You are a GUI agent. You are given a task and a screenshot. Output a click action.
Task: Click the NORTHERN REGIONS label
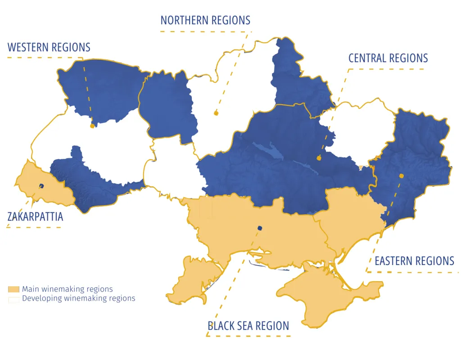pyautogui.click(x=205, y=20)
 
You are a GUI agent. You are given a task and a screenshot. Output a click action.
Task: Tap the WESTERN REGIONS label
pyautogui.click(x=49, y=47)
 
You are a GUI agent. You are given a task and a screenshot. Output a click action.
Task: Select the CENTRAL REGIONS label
pyautogui.click(x=388, y=58)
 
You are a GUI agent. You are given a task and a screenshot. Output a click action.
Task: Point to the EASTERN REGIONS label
pyautogui.click(x=414, y=261)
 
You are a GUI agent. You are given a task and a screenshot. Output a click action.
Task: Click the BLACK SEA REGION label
pyautogui.click(x=248, y=326)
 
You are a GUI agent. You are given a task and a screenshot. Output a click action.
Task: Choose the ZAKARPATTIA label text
pyautogui.click(x=35, y=217)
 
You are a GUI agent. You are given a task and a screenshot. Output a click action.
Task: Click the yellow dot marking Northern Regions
pyautogui.click(x=216, y=113)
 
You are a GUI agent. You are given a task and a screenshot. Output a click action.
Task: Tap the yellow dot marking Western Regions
pyautogui.click(x=92, y=126)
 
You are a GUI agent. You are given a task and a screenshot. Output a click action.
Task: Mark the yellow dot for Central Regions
pyautogui.click(x=319, y=158)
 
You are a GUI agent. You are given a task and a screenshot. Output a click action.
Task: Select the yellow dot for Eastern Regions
pyautogui.click(x=401, y=176)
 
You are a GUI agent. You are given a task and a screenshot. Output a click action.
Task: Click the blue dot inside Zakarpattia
pyautogui.click(x=41, y=186)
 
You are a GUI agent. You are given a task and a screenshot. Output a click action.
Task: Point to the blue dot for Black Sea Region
pyautogui.click(x=259, y=228)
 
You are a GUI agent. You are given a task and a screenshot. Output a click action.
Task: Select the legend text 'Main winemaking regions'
pyautogui.click(x=68, y=289)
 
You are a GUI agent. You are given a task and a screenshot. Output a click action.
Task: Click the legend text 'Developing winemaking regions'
pyautogui.click(x=79, y=298)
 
